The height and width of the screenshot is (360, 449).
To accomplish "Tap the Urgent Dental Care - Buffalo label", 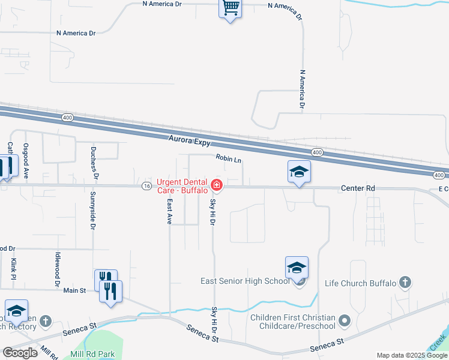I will pos(182,186).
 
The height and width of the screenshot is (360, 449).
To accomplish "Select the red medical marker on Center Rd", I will pos(216,185).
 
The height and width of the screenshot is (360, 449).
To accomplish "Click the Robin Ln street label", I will pos(229,160).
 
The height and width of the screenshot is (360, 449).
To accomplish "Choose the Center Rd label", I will pos(358,188).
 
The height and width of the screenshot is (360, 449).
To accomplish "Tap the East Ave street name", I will pos(170,211).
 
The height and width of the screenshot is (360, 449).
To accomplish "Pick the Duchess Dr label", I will pos(94,163).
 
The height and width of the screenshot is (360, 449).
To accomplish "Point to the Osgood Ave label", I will pos(26,161).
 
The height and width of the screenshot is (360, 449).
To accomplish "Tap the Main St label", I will pos(76,290).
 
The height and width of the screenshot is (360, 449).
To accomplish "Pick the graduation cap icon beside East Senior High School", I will pos(297,268).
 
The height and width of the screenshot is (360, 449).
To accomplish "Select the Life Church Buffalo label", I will pos(360,283).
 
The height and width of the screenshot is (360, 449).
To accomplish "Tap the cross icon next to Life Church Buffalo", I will pos(405,282).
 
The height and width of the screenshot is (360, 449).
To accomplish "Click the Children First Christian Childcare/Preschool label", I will pos(292,322).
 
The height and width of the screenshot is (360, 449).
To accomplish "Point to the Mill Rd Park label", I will pos(93,355).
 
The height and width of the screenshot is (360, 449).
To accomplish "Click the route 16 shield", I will pos(146,186).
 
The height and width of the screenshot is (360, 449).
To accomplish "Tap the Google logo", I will pos(20,353).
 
